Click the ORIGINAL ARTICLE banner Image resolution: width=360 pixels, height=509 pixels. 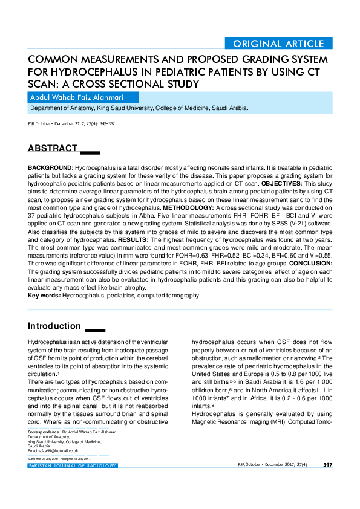click(x=278, y=44)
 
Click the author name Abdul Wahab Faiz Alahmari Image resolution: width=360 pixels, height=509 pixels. click(x=85, y=97)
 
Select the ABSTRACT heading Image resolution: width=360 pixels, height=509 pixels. click(x=53, y=149)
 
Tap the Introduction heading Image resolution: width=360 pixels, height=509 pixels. click(x=54, y=326)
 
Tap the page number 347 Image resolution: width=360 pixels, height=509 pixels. click(x=327, y=465)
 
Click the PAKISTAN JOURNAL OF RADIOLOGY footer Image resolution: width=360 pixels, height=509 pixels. click(x=73, y=465)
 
